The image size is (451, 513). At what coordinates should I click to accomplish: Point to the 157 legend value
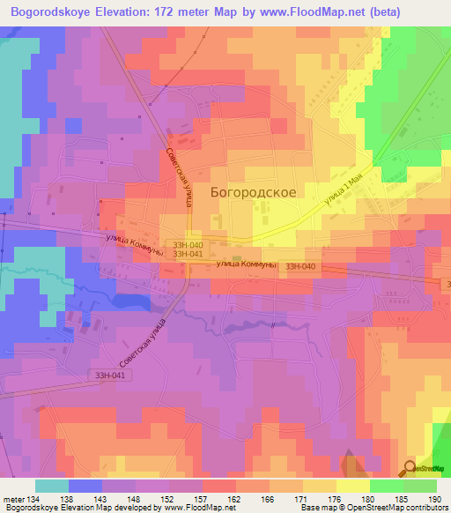click(202, 498)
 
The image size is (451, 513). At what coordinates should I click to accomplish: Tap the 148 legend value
click(135, 498)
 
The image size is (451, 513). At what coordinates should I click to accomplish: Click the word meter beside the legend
click(11, 498)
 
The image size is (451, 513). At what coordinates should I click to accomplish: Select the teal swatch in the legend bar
click(52, 486)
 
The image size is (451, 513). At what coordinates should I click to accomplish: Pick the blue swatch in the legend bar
click(85, 486)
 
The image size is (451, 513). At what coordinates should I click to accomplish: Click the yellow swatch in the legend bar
click(352, 486)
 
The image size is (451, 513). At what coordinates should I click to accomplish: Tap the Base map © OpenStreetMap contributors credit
click(373, 509)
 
